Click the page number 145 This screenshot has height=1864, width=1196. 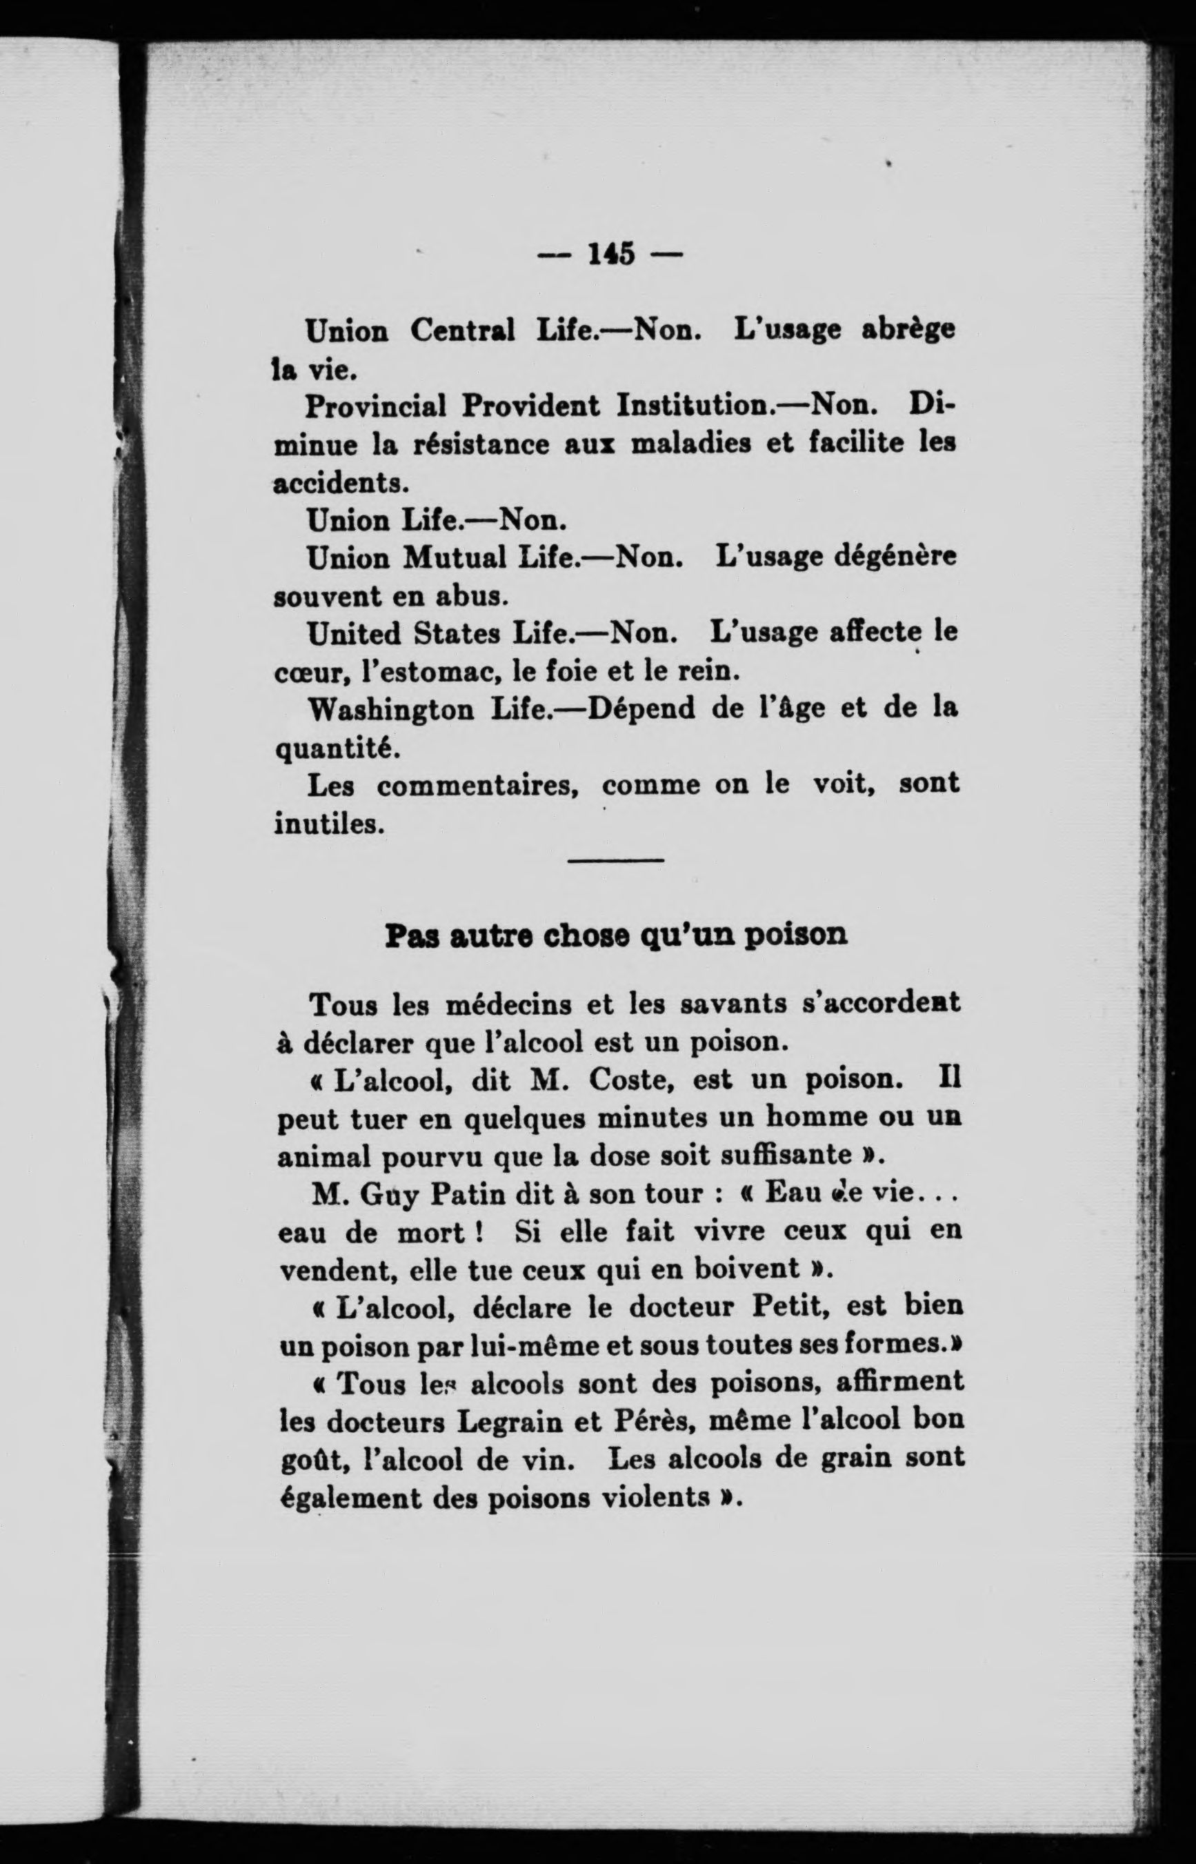tap(612, 254)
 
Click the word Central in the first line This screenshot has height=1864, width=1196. tap(462, 332)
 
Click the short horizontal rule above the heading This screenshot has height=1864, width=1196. tap(616, 860)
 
